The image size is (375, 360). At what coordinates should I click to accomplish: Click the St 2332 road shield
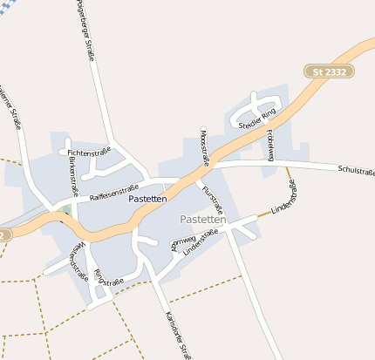pos(329,70)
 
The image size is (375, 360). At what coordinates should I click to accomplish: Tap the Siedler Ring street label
pos(256,119)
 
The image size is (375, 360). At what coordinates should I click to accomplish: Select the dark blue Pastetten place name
pos(147,200)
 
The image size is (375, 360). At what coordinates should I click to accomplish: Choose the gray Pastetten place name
pos(203,220)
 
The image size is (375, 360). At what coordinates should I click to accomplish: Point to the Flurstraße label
pos(213,200)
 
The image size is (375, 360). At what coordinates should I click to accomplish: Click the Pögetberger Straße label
pos(85,31)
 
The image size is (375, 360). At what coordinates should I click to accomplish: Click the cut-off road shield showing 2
pos(4,234)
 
